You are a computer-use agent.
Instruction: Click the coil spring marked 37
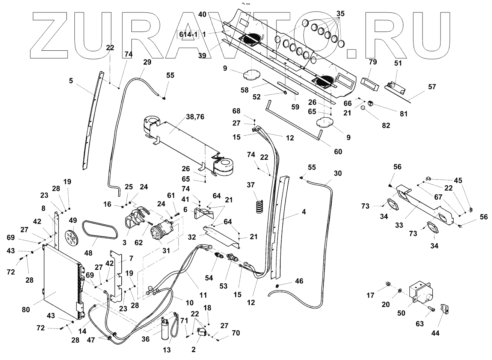coord(258,206)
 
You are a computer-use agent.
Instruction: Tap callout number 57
coord(432,87)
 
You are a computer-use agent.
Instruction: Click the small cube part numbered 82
coord(363,108)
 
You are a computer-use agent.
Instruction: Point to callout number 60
coord(338,151)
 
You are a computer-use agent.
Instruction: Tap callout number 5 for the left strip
coord(71,80)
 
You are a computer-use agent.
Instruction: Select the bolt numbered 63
coord(432,309)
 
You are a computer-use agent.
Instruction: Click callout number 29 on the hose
coord(147,62)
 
